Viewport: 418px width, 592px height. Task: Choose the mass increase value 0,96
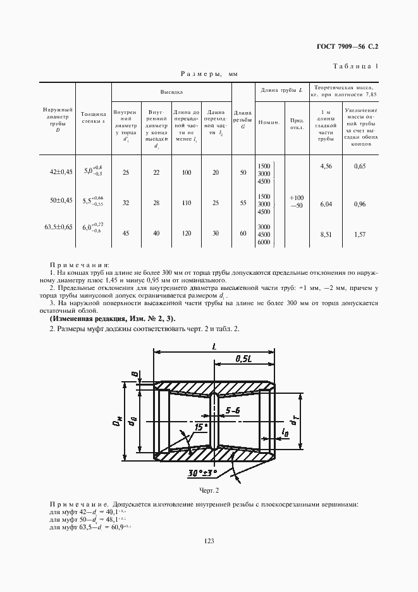pos(360,205)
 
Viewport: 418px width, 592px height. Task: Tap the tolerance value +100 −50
pos(295,202)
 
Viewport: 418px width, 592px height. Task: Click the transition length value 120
pos(186,233)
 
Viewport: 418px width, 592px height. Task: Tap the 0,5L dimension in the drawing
pos(242,359)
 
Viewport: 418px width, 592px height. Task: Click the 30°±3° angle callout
pos(202,472)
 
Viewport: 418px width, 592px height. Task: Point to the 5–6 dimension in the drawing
pos(233,410)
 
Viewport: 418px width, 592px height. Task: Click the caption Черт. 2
pos(208,490)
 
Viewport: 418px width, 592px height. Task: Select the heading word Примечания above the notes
pos(79,265)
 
